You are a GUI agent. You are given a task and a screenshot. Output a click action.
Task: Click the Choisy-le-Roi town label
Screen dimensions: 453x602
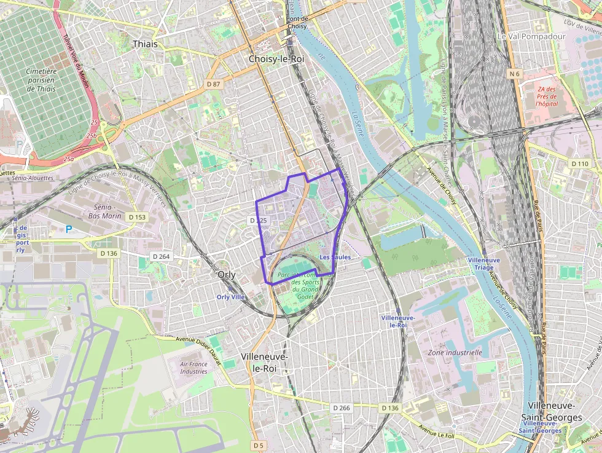[x=276, y=59]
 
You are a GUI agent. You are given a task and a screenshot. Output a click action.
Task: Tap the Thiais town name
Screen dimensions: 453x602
[x=145, y=44]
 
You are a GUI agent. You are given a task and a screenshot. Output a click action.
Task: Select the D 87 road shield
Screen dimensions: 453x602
[x=213, y=83]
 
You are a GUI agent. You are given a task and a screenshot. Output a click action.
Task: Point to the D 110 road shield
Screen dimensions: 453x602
[x=579, y=163]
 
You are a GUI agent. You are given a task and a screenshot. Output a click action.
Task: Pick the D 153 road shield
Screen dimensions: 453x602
[x=137, y=217]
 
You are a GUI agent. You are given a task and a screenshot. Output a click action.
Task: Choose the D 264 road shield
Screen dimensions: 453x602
[x=160, y=256]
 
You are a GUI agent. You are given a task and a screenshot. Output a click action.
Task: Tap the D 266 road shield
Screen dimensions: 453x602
[x=341, y=408]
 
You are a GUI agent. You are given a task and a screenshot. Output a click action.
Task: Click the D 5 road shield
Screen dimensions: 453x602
[x=258, y=444]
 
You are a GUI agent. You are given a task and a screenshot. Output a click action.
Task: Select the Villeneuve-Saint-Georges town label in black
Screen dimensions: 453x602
[x=555, y=412]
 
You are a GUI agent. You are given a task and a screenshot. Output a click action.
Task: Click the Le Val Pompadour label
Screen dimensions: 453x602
[x=522, y=36]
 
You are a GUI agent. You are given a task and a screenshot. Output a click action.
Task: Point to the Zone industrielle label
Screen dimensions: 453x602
[x=455, y=353]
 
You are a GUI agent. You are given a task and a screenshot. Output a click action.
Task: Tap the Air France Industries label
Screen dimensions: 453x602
[x=193, y=368]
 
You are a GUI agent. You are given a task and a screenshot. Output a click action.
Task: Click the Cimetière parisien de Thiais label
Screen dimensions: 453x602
[x=41, y=80]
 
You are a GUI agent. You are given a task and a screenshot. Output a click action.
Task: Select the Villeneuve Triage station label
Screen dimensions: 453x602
[x=484, y=264]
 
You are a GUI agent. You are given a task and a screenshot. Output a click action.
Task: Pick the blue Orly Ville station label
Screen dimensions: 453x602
[x=231, y=297]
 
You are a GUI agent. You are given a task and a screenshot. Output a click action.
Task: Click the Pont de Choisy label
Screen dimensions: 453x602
[x=297, y=23]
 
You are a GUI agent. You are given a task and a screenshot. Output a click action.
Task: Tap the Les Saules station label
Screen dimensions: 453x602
[x=335, y=257]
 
